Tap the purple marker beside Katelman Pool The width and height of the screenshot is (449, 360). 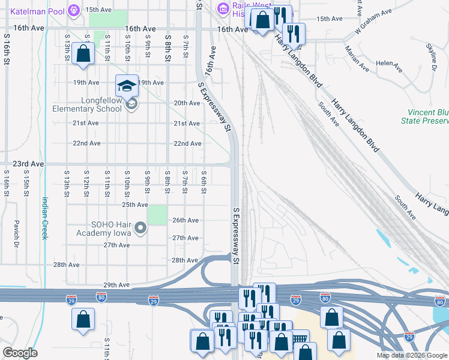click(x=74, y=10)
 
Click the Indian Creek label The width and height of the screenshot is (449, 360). click(x=44, y=219)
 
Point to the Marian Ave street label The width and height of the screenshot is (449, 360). click(x=358, y=57)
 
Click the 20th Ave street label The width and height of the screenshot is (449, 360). click(x=187, y=103)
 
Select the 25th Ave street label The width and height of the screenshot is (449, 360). click(x=134, y=205)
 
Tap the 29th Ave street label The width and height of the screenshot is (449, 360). click(x=116, y=285)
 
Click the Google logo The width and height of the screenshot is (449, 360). click(x=20, y=353)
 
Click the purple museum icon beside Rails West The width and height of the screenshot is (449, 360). click(x=223, y=8)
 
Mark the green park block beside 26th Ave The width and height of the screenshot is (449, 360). click(x=157, y=214)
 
